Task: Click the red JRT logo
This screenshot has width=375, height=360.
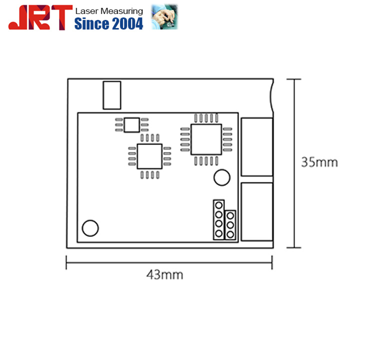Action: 37,18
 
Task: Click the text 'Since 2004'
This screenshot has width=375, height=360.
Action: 108,23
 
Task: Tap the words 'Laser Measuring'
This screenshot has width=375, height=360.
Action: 108,11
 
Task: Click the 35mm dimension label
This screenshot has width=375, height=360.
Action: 319,162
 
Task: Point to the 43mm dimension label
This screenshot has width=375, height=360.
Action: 164,274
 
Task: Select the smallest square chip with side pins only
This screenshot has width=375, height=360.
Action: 132,124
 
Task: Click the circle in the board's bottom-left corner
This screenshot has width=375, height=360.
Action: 90,228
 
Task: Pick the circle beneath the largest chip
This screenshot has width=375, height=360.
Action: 221,177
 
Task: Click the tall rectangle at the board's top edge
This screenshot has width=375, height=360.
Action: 112,95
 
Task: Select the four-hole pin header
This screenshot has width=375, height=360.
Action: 218,220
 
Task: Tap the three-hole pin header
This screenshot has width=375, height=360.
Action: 230,225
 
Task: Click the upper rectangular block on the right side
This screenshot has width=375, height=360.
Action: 256,147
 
